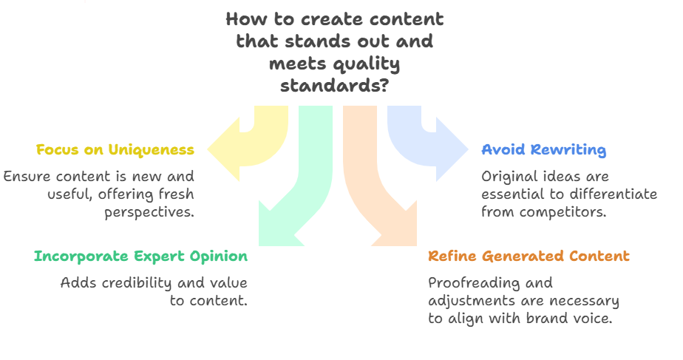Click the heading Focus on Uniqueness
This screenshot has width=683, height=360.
coord(115,149)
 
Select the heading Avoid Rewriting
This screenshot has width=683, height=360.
coord(543,149)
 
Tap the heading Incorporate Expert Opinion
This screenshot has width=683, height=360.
coord(140,256)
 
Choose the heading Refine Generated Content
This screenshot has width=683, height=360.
coord(529,256)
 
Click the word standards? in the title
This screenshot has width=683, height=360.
coord(334,86)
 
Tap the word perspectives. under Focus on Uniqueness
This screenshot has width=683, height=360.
coord(149,212)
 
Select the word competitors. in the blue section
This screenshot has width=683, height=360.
coord(563,212)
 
